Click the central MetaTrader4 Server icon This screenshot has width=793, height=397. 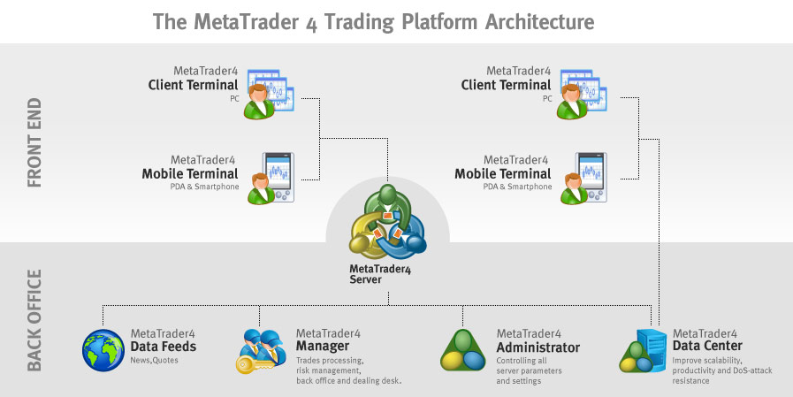click(x=387, y=222)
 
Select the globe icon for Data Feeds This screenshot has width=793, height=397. click(x=103, y=349)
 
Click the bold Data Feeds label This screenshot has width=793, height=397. click(x=164, y=347)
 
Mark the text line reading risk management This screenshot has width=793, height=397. click(x=324, y=370)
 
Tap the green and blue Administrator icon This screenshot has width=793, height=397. click(x=463, y=349)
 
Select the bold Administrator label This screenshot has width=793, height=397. click(x=538, y=347)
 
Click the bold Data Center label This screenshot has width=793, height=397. click(x=707, y=346)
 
